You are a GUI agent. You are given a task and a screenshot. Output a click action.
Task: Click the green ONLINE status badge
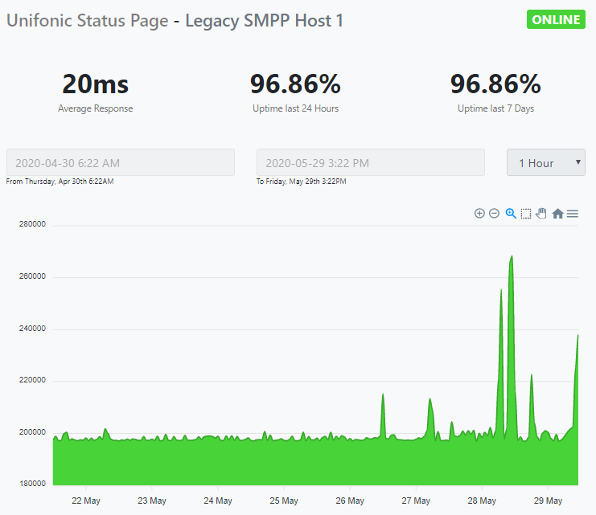click(x=555, y=20)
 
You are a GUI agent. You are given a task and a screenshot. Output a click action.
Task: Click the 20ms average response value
click(x=95, y=84)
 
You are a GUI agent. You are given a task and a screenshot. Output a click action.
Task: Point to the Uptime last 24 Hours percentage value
click(x=295, y=84)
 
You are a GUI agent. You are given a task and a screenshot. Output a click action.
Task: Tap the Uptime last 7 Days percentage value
click(x=495, y=84)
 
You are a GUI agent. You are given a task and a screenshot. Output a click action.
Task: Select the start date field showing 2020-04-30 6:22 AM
click(x=121, y=162)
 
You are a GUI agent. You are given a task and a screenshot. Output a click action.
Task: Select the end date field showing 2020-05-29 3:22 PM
click(x=370, y=162)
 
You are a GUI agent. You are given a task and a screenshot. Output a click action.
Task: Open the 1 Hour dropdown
click(x=545, y=162)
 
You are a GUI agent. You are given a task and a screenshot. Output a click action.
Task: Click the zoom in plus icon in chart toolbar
click(x=479, y=214)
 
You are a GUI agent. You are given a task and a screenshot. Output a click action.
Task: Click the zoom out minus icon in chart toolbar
click(x=494, y=214)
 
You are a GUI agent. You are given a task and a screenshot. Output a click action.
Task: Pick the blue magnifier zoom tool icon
click(x=510, y=214)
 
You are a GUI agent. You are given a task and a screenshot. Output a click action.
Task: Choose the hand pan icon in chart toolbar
click(x=541, y=214)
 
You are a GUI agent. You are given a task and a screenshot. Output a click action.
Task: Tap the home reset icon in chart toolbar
click(x=557, y=214)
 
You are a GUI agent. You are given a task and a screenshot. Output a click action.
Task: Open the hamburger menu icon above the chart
click(x=573, y=214)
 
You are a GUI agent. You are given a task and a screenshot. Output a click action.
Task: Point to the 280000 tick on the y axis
click(x=32, y=225)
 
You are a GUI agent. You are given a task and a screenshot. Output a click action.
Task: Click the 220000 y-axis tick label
click(x=32, y=381)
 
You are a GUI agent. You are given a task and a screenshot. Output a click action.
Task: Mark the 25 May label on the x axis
click(x=284, y=501)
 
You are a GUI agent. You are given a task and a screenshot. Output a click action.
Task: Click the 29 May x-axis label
click(x=548, y=501)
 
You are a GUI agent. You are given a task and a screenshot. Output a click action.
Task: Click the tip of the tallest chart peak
click(x=512, y=256)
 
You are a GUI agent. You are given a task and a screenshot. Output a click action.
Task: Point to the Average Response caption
click(x=95, y=108)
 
